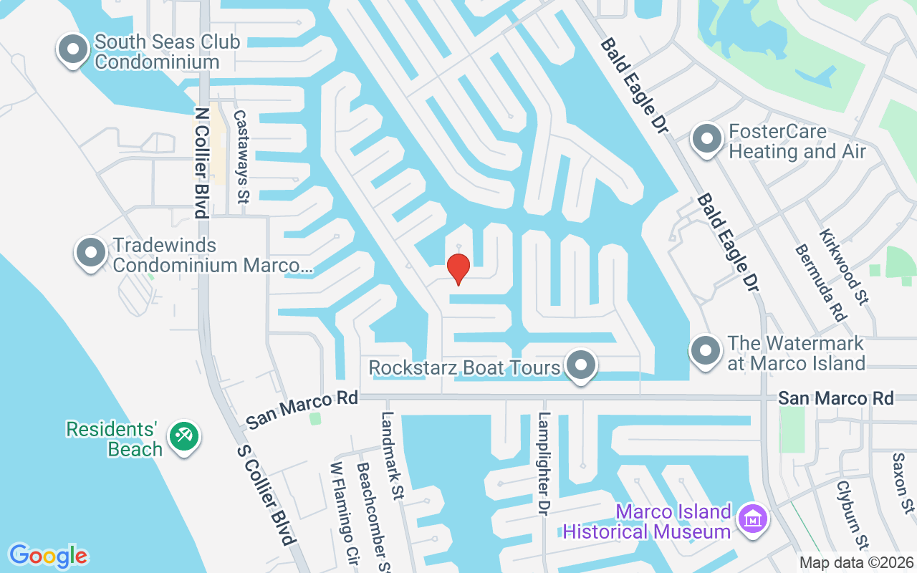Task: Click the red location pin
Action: point(458,269)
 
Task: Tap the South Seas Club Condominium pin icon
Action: point(72,51)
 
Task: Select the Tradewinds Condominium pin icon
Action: point(91,254)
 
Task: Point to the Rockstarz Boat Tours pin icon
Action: point(581,366)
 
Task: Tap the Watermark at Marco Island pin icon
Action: point(706,352)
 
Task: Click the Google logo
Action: point(48,556)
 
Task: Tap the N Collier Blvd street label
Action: point(201,161)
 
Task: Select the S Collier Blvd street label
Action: point(267,494)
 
